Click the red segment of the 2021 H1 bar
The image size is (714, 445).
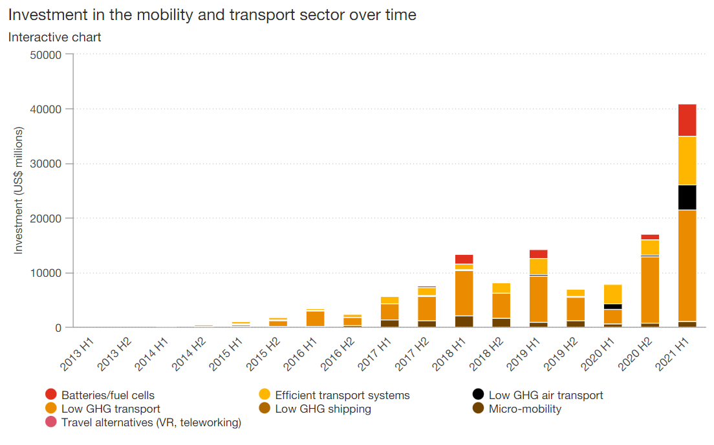[x=687, y=120]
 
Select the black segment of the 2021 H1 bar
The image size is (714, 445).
[x=687, y=197]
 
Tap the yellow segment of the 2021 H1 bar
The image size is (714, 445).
[x=687, y=160]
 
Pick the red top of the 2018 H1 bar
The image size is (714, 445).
[x=464, y=259]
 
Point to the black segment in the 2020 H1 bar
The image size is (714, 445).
[x=612, y=307]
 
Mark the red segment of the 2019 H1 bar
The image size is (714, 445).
[x=538, y=254]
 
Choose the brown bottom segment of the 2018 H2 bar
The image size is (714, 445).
[x=501, y=322]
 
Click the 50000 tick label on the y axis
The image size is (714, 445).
[x=46, y=54]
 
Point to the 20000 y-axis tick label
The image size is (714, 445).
[x=46, y=219]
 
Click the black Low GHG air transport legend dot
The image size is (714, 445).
[x=478, y=395]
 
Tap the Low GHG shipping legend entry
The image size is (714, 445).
[x=323, y=409]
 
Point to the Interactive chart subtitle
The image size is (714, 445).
[x=55, y=37]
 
